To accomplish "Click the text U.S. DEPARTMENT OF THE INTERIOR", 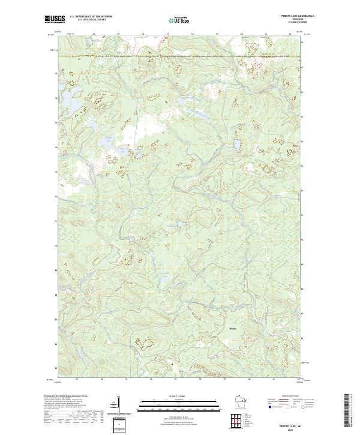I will coord(91,16).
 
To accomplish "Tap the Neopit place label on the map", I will coord(233,328).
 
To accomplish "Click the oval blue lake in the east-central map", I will coord(236,146).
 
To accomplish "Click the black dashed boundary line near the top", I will coord(180,56).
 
